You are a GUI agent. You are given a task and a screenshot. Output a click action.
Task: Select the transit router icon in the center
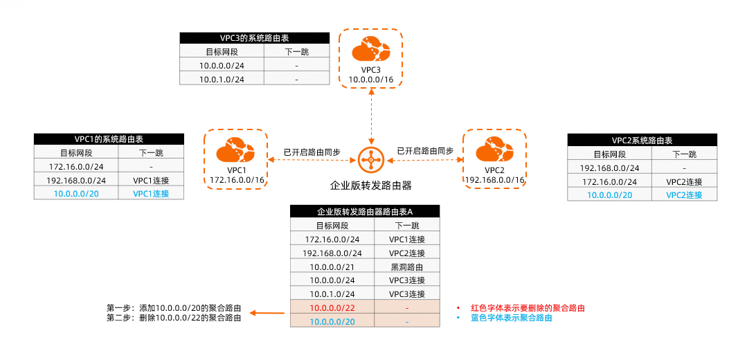click(x=372, y=161)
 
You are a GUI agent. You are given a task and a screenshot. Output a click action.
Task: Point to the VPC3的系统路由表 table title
click(x=253, y=38)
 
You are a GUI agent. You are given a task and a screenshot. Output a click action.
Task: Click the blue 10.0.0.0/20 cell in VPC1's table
click(x=76, y=194)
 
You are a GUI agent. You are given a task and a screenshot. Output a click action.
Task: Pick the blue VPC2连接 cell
click(x=684, y=195)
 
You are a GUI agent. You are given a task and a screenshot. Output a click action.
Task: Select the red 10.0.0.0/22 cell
click(x=332, y=307)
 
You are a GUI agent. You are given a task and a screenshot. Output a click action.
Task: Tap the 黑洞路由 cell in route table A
click(x=407, y=267)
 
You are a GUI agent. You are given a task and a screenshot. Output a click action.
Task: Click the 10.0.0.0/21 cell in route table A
click(x=332, y=267)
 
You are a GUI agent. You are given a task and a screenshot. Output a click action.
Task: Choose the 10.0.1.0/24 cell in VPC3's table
click(x=222, y=79)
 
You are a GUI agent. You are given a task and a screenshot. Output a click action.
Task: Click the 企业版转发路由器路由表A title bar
click(x=365, y=212)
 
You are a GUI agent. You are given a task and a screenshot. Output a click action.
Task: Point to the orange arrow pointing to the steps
click(x=267, y=313)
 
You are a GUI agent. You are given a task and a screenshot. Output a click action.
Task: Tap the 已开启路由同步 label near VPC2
click(x=425, y=151)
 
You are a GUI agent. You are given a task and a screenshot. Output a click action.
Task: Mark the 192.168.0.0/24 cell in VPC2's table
click(x=609, y=168)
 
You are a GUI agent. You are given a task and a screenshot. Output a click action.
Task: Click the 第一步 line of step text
click(x=174, y=307)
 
